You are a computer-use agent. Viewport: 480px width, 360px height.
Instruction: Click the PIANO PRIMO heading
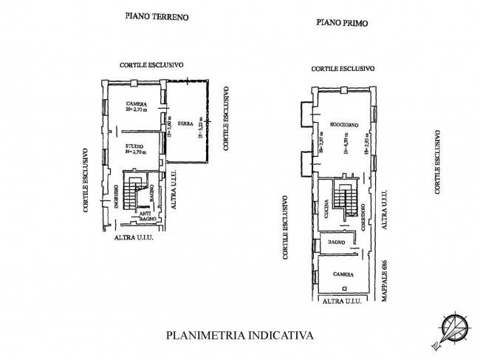342,23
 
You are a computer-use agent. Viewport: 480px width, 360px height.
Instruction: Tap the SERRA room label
185,123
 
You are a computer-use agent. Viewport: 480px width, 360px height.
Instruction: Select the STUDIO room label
134,147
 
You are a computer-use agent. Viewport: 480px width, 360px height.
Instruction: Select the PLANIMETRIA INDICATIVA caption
239,335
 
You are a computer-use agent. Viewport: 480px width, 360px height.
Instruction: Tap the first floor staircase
343,197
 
